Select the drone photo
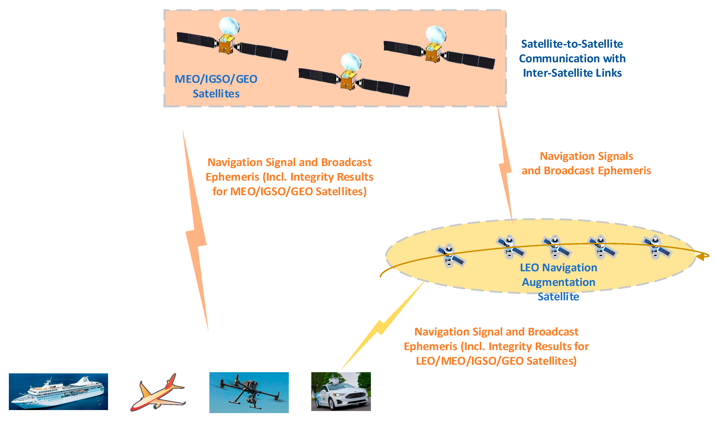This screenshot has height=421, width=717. pos(249,392)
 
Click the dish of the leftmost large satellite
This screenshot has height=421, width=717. pos(228,25)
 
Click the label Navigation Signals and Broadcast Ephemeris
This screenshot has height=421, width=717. pos(586,164)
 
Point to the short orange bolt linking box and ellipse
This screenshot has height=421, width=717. pos(505,165)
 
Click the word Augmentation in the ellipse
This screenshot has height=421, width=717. pos(559,282)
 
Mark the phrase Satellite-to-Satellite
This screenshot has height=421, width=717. pos(572,44)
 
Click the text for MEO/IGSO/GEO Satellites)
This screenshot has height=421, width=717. pos(290,192)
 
